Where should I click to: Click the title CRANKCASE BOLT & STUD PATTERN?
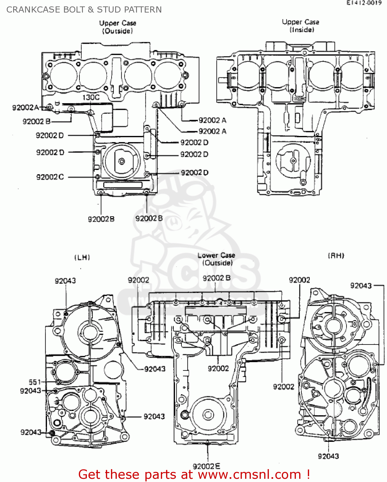coord(84,10)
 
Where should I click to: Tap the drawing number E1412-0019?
coord(364,3)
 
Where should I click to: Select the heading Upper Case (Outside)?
coord(117,27)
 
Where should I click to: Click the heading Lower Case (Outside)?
coord(217,259)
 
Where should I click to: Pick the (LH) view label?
coord(82,257)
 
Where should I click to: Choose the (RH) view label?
coord(336,256)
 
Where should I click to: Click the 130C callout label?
coord(91,97)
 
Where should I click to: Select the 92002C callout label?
coord(50,177)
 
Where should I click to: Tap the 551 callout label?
coord(35,382)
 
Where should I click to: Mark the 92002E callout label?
coord(206,466)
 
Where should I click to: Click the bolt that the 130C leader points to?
coord(91,112)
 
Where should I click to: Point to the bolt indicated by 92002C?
coord(97,177)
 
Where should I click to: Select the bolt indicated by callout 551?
coord(58,382)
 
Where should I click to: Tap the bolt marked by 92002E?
coord(207,443)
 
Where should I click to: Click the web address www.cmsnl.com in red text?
coord(249,475)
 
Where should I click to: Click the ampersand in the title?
coord(91,10)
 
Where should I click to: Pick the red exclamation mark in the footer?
coord(308,474)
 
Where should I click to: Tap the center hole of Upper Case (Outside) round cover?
coord(122,161)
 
